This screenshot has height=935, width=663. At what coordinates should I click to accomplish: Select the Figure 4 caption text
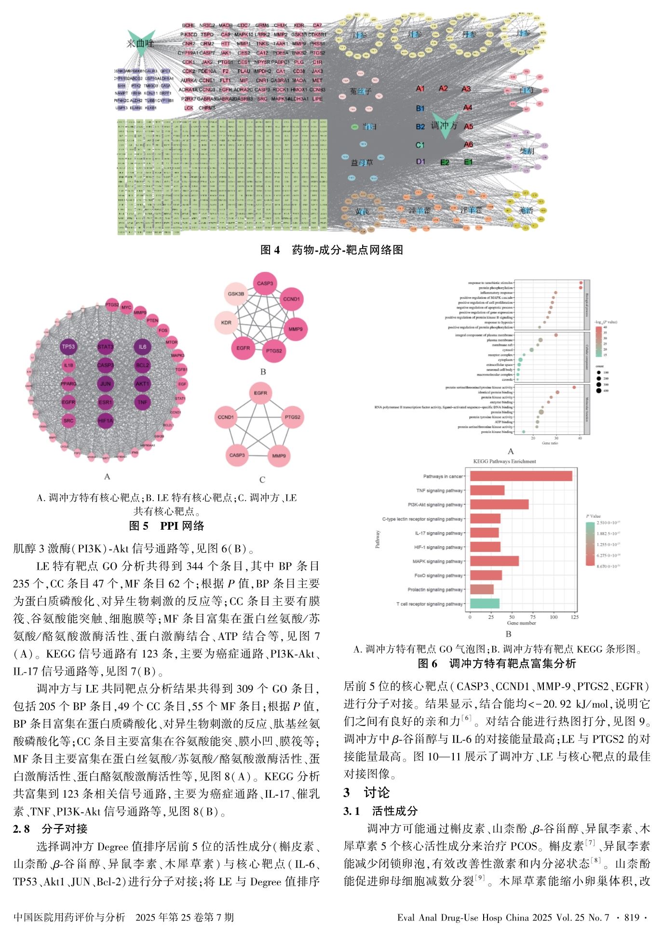click(x=331, y=250)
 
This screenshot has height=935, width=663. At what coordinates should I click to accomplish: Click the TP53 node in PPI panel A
click(x=68, y=347)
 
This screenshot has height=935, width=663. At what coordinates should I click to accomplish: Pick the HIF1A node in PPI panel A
click(x=105, y=421)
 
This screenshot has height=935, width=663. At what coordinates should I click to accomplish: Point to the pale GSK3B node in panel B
click(x=236, y=294)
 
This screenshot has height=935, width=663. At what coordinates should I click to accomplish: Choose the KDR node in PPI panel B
click(x=226, y=322)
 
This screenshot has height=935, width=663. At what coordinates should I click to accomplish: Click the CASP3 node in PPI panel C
click(x=237, y=455)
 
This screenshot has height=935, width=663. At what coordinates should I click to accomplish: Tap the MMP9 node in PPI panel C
click(x=279, y=455)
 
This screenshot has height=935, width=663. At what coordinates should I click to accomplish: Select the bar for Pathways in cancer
click(x=521, y=476)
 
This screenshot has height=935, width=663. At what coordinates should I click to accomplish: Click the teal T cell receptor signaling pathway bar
click(x=485, y=603)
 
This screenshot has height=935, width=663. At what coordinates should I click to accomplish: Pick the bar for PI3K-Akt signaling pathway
click(x=499, y=505)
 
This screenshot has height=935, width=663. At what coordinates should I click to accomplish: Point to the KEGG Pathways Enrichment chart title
click(x=504, y=461)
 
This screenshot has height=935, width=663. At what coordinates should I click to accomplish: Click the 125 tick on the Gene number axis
click(x=574, y=617)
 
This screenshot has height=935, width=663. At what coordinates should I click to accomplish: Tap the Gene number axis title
click(x=521, y=623)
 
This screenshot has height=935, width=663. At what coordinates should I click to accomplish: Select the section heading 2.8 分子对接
click(x=50, y=828)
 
